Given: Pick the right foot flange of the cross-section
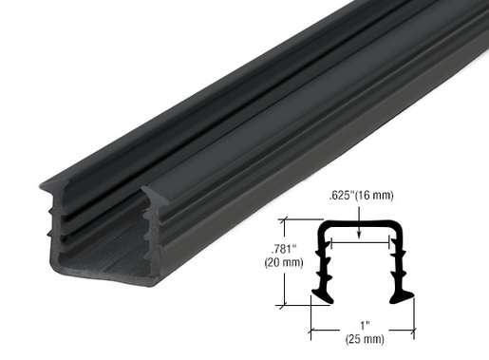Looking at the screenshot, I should coord(403,296).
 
